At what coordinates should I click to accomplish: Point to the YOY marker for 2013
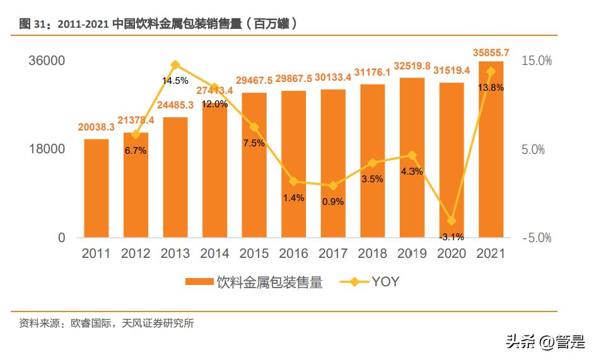[x=175, y=64]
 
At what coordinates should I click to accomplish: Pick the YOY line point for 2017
[x=333, y=185]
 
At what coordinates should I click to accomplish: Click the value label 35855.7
[x=491, y=52]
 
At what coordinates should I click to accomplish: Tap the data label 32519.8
[x=412, y=66]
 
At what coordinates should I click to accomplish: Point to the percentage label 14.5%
[x=175, y=81]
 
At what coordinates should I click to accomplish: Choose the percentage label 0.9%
[x=333, y=202]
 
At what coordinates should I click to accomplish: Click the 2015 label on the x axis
[x=254, y=253]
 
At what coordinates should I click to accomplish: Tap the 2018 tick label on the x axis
[x=373, y=253]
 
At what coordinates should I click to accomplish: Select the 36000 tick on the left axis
[x=47, y=61]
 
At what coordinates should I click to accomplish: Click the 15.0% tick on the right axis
[x=537, y=61]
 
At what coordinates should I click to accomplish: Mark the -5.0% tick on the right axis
[x=537, y=238]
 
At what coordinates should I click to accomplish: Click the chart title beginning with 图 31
[x=158, y=24]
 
